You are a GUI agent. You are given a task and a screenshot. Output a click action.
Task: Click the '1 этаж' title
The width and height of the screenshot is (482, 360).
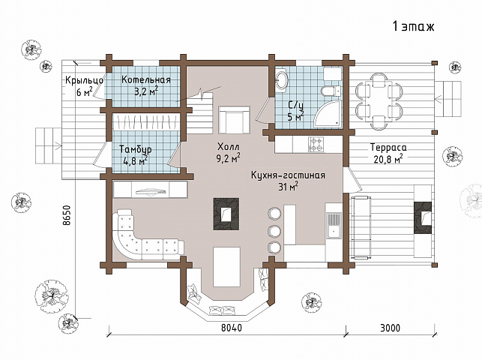coord(414,26)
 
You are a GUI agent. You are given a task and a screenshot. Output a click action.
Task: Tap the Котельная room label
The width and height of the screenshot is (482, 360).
coord(146,80)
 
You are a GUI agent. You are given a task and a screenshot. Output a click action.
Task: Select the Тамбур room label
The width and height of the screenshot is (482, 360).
coord(135,149)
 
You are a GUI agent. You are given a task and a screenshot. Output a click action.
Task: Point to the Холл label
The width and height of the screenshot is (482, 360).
coord(228,146)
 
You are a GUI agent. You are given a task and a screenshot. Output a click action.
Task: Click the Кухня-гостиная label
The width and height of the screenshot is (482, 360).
coord(288,175)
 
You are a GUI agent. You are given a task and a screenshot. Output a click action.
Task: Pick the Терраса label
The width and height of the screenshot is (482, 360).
coord(388,148)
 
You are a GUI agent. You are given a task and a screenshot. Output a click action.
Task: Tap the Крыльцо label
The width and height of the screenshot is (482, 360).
coord(84,80)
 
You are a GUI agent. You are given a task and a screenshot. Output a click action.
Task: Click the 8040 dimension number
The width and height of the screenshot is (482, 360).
coord(232,328)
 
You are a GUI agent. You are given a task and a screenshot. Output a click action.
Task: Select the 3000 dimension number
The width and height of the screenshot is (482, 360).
coord(390,328)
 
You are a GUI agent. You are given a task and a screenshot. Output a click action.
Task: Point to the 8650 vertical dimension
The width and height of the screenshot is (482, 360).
coord(67,215)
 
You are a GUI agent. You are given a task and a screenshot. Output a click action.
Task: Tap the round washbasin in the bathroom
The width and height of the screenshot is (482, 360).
coord(281,80)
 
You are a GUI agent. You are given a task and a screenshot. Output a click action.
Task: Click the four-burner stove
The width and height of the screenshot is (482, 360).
coord(316,144)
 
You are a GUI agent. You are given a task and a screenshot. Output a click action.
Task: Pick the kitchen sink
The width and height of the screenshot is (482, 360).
coord(334,225)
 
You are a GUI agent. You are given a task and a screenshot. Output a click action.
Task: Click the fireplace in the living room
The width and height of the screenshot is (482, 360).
coord(226,214)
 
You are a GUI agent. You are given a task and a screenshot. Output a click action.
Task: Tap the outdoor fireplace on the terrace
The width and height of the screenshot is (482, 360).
coord(424,217)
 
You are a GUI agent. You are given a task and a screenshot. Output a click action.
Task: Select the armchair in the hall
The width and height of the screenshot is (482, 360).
coord(234,120)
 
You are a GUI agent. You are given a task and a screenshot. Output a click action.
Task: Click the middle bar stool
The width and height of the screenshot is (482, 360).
coord(274,231)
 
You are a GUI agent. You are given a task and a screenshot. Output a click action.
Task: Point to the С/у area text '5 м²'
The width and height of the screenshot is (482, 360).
coord(295,116)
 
